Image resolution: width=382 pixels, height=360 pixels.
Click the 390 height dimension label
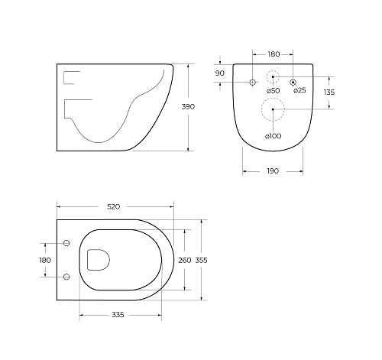click(188, 106)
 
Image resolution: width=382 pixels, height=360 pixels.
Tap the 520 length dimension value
click(113, 207)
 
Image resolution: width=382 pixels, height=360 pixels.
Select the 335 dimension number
click(118, 315)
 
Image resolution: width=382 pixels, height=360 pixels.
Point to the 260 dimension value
click(185, 260)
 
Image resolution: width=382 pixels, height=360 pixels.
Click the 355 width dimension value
click(202, 260)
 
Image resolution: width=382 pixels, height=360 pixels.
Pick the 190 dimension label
click(273, 171)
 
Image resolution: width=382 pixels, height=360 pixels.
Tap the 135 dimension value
click(329, 92)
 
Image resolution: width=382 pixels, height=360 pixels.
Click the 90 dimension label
click(220, 73)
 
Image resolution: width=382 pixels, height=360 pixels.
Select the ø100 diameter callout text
click(274, 136)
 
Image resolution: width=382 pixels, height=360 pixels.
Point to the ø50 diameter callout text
click(273, 90)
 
